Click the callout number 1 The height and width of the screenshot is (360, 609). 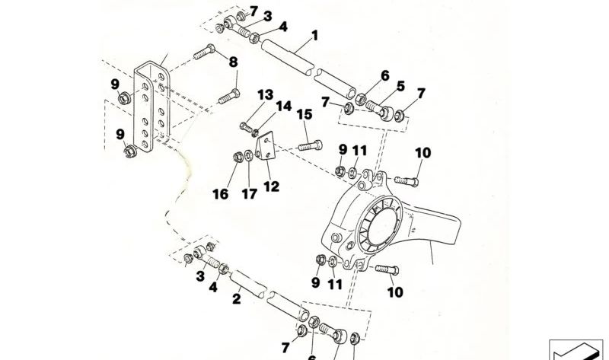click(315, 36)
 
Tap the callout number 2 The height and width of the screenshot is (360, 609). click(237, 299)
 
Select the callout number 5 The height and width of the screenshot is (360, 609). click(400, 86)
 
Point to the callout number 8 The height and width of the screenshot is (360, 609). click(233, 62)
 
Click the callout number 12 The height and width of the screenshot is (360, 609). click(271, 186)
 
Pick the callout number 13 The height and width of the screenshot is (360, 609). click(266, 95)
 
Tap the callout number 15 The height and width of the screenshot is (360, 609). click(304, 115)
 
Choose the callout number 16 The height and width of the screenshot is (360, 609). click(221, 194)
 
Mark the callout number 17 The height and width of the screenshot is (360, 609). click(250, 194)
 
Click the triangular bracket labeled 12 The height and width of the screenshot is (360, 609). click(265, 145)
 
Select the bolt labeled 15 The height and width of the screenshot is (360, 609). click(311, 145)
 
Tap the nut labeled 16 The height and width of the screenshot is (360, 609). click(238, 157)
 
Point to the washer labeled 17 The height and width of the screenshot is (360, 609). click(249, 157)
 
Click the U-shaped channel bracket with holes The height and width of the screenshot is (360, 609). click(151, 106)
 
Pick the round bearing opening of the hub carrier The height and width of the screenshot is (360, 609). click(382, 225)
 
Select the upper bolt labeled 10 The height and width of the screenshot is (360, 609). click(407, 181)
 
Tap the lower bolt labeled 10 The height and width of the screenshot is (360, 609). click(387, 269)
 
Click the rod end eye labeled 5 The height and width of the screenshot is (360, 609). click(387, 114)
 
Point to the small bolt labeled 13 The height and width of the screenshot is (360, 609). click(246, 127)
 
